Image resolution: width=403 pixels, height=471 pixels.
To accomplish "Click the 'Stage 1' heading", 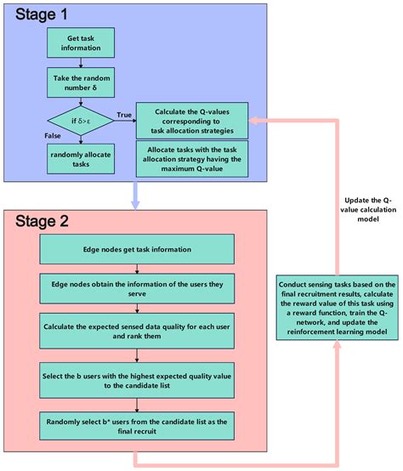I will coord(39,15).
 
